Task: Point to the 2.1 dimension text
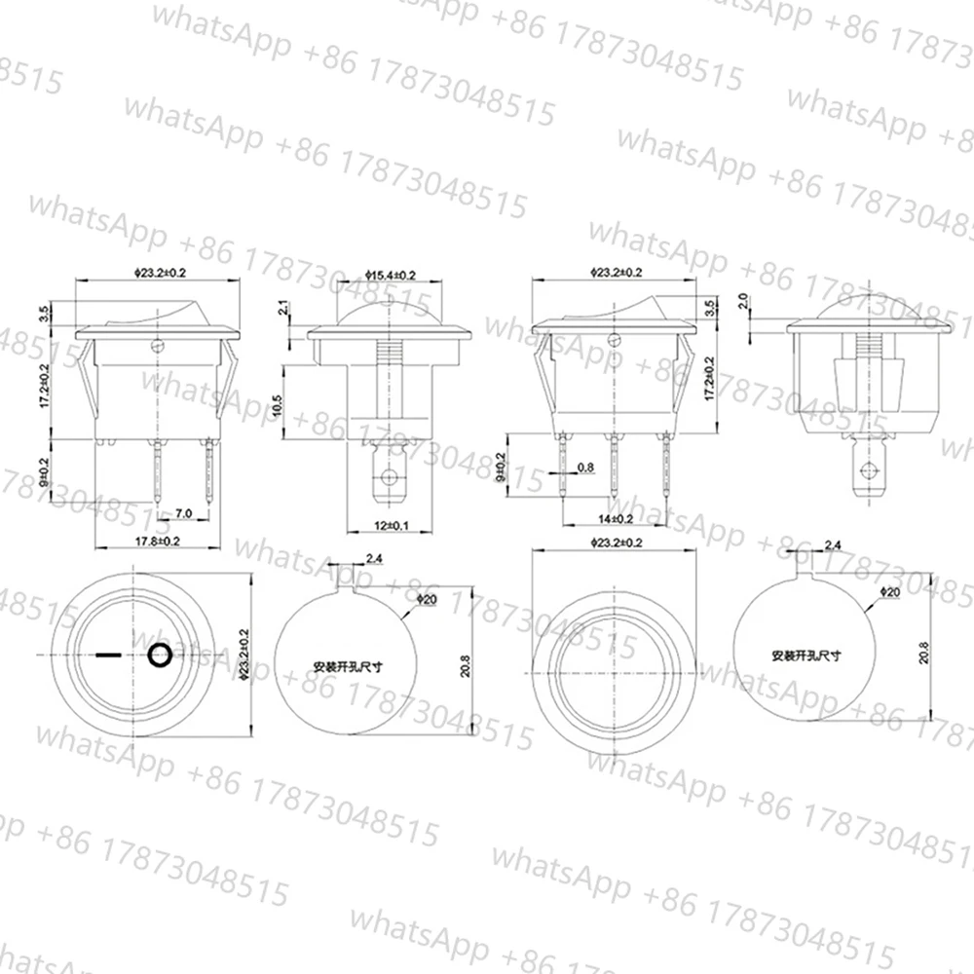tap(282, 310)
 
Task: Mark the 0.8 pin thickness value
tap(585, 468)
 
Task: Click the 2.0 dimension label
tap(742, 300)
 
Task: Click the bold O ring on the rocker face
tap(160, 656)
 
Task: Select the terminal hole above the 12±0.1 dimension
tap(389, 478)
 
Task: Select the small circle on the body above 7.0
tap(156, 345)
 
